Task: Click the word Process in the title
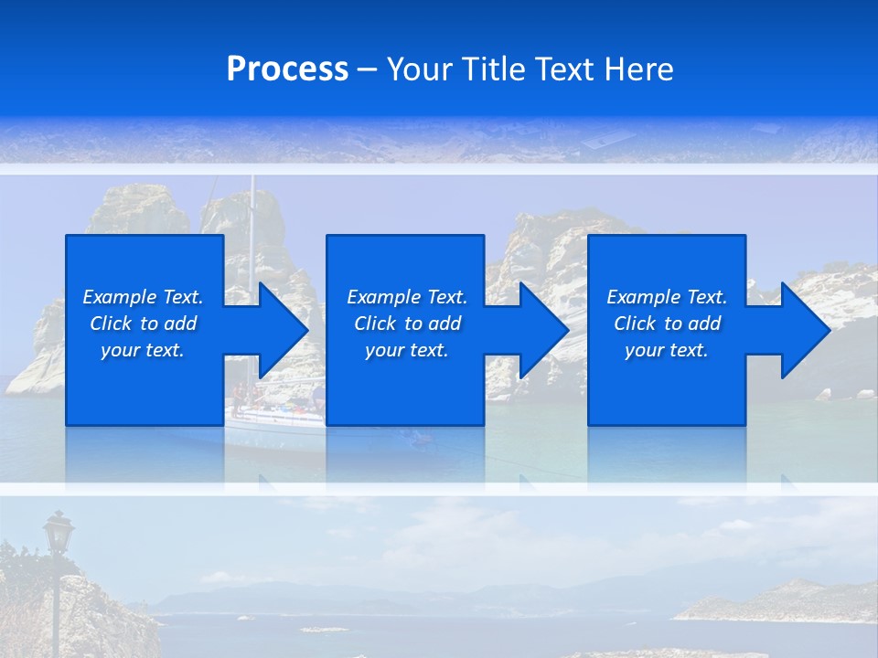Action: point(287,69)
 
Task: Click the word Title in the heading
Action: point(491,69)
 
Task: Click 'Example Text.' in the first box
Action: point(143,297)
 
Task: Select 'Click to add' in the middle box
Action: point(407,324)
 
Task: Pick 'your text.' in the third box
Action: point(667,350)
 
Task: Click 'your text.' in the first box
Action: point(143,350)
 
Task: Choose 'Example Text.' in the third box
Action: point(667,297)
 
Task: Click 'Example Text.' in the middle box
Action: point(407,297)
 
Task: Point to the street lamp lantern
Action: point(59,532)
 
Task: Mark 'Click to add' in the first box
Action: point(143,324)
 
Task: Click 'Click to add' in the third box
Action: point(667,324)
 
